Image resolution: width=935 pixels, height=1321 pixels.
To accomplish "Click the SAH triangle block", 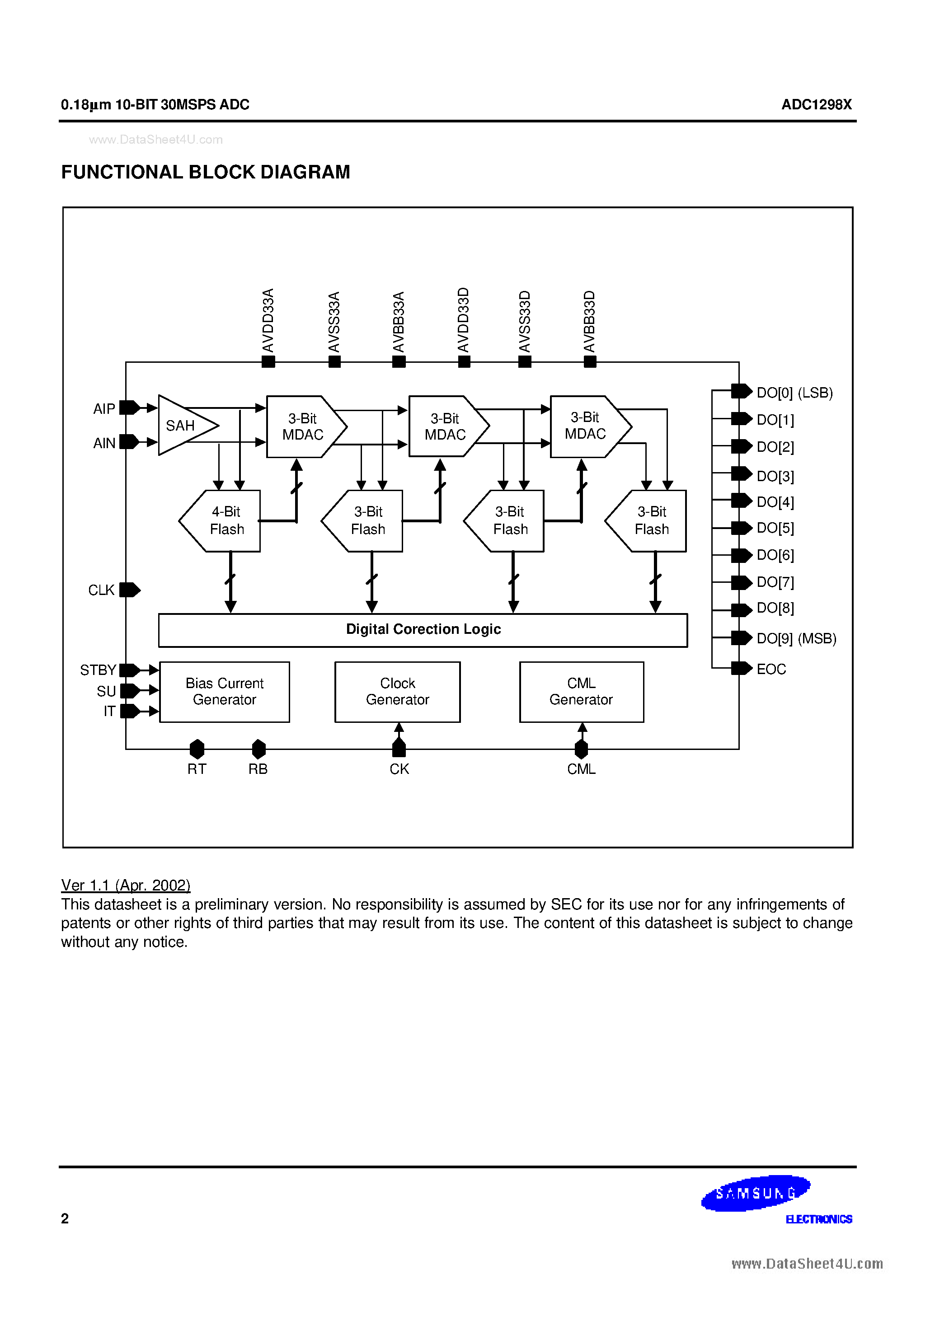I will (183, 426).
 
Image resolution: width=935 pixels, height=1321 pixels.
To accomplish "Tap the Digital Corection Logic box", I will (423, 630).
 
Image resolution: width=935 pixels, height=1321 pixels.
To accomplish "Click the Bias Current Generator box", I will (224, 691).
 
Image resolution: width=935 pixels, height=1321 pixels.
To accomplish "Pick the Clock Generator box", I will (397, 691).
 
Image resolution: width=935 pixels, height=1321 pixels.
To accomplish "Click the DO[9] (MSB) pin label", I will (796, 638).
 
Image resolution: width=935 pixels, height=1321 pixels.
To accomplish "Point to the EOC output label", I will (771, 669).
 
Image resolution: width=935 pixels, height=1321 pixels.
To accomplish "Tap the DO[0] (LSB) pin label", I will (794, 393).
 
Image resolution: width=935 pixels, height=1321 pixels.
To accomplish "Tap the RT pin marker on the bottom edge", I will (197, 749).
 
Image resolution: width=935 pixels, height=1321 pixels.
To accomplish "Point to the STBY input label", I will (98, 670).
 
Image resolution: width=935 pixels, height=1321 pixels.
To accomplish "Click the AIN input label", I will (104, 443).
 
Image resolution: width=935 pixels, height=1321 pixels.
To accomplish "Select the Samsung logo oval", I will (756, 1193).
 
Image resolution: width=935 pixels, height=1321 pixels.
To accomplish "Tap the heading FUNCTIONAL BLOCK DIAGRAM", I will (206, 172).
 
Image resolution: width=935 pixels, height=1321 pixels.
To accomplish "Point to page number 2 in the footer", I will (65, 1218).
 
